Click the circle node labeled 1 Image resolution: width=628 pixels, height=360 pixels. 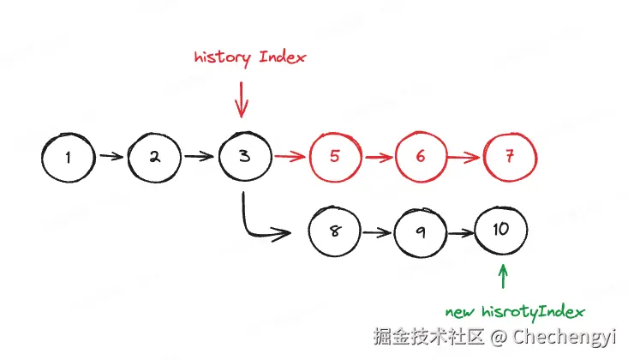[x=68, y=157]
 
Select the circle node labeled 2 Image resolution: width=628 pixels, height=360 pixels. [x=155, y=157]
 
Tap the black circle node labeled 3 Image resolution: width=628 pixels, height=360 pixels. [x=244, y=157]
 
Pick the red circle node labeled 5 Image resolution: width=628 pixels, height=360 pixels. [x=335, y=157]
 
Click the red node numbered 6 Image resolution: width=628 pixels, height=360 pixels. [x=421, y=157]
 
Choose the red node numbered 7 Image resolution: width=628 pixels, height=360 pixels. [x=511, y=157]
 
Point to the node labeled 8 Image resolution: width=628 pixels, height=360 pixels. [x=335, y=231]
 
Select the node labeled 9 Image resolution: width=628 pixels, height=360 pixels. [x=421, y=231]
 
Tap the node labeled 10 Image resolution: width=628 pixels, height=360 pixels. [x=502, y=230]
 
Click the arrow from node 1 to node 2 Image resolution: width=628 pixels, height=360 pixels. [x=111, y=157]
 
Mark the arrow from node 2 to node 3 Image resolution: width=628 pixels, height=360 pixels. [x=200, y=157]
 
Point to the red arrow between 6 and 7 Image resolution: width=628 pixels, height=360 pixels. [x=465, y=157]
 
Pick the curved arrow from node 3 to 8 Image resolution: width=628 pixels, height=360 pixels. [x=257, y=225]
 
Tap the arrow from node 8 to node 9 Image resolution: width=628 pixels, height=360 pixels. [x=378, y=231]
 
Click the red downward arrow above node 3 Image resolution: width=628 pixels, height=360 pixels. [x=242, y=99]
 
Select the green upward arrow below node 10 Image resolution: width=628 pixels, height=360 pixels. [x=503, y=276]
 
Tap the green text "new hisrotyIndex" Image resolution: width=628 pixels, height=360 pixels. [x=515, y=310]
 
